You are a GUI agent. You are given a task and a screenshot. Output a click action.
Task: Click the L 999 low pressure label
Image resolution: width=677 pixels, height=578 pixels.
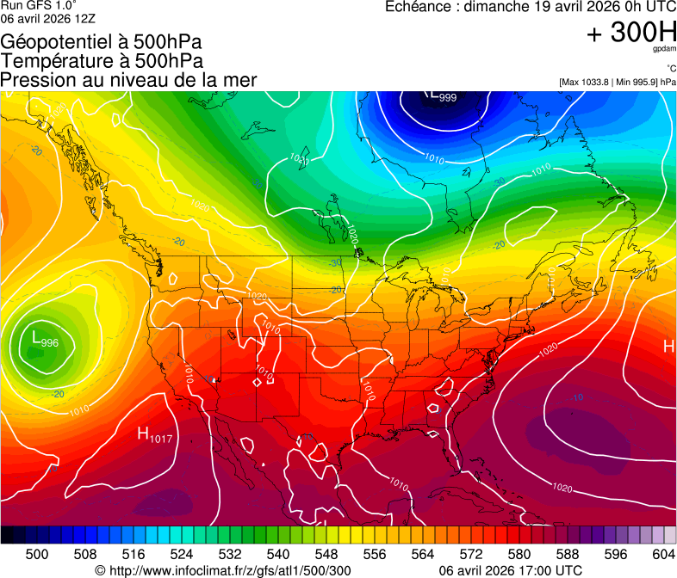(442, 96)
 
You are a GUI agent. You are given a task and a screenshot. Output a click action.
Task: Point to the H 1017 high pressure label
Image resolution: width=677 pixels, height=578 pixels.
(153, 436)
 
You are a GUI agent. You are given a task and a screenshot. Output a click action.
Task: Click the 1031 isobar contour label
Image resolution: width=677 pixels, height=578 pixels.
(299, 159)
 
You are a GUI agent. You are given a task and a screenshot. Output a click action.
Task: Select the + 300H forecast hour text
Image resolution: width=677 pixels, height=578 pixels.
(630, 33)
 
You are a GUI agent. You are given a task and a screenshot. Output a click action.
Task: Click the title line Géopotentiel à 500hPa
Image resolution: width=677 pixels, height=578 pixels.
(102, 43)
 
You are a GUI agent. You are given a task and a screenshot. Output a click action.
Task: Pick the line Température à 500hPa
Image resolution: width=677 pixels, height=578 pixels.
(102, 61)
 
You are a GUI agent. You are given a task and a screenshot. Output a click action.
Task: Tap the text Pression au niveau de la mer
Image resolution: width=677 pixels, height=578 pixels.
(128, 80)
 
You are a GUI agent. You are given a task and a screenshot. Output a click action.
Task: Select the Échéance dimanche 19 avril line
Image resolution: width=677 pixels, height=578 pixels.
(530, 7)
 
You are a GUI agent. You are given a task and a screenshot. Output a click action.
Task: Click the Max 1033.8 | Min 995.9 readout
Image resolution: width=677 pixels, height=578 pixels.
(618, 82)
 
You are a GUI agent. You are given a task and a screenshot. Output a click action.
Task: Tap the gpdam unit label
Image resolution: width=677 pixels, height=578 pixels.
(663, 51)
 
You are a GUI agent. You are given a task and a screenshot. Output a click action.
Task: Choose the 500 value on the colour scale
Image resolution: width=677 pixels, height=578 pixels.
(37, 554)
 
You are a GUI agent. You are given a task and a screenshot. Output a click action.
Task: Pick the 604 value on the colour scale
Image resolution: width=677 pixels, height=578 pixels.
(663, 554)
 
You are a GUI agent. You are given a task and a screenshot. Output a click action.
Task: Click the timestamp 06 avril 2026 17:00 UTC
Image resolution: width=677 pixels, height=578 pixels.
(510, 570)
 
